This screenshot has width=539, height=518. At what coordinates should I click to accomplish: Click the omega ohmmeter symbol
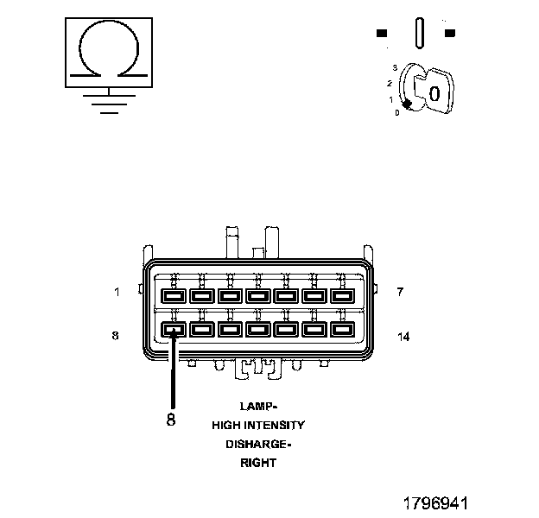(x=106, y=51)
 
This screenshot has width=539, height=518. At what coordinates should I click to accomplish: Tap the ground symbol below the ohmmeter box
(x=106, y=101)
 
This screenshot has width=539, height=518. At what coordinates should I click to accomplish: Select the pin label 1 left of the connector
(x=117, y=292)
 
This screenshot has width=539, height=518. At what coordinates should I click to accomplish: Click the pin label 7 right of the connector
(x=400, y=292)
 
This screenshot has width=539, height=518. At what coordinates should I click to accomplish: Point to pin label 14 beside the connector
(x=403, y=336)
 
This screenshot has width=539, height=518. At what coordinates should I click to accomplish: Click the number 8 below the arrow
(x=171, y=420)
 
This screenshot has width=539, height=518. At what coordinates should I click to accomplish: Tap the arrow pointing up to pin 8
(x=174, y=371)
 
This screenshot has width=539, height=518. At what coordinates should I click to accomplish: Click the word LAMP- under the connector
(x=258, y=406)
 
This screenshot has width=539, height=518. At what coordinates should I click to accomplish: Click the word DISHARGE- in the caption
(x=258, y=444)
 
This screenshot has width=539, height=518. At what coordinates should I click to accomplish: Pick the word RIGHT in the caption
(x=258, y=463)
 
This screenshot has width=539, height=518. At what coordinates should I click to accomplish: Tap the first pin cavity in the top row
(x=174, y=296)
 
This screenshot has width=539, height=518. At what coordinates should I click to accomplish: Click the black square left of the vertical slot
(x=382, y=34)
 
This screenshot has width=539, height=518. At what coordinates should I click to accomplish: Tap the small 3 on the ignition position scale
(x=394, y=66)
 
